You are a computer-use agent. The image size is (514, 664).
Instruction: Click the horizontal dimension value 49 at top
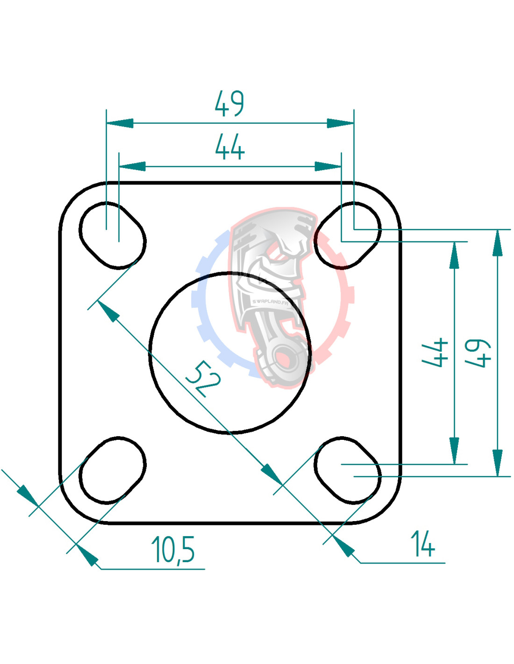(x=229, y=103)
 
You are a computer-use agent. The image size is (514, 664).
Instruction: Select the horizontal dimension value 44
(x=229, y=148)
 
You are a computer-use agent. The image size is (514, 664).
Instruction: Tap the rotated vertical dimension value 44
(x=435, y=353)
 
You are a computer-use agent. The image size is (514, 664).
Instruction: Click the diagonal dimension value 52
(x=203, y=379)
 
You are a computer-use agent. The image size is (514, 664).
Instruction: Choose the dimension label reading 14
(x=422, y=544)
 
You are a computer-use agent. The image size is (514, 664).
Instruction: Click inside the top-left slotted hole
(x=112, y=235)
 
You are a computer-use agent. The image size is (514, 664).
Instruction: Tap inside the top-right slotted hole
(x=347, y=235)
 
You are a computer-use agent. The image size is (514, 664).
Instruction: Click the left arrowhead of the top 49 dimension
(x=120, y=123)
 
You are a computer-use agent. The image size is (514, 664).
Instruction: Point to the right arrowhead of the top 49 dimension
(x=340, y=123)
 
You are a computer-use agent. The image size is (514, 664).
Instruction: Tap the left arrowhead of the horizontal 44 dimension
(x=132, y=167)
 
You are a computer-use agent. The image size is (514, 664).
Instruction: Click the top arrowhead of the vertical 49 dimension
(x=498, y=243)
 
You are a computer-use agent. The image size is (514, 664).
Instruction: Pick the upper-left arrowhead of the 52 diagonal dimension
(x=108, y=311)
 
